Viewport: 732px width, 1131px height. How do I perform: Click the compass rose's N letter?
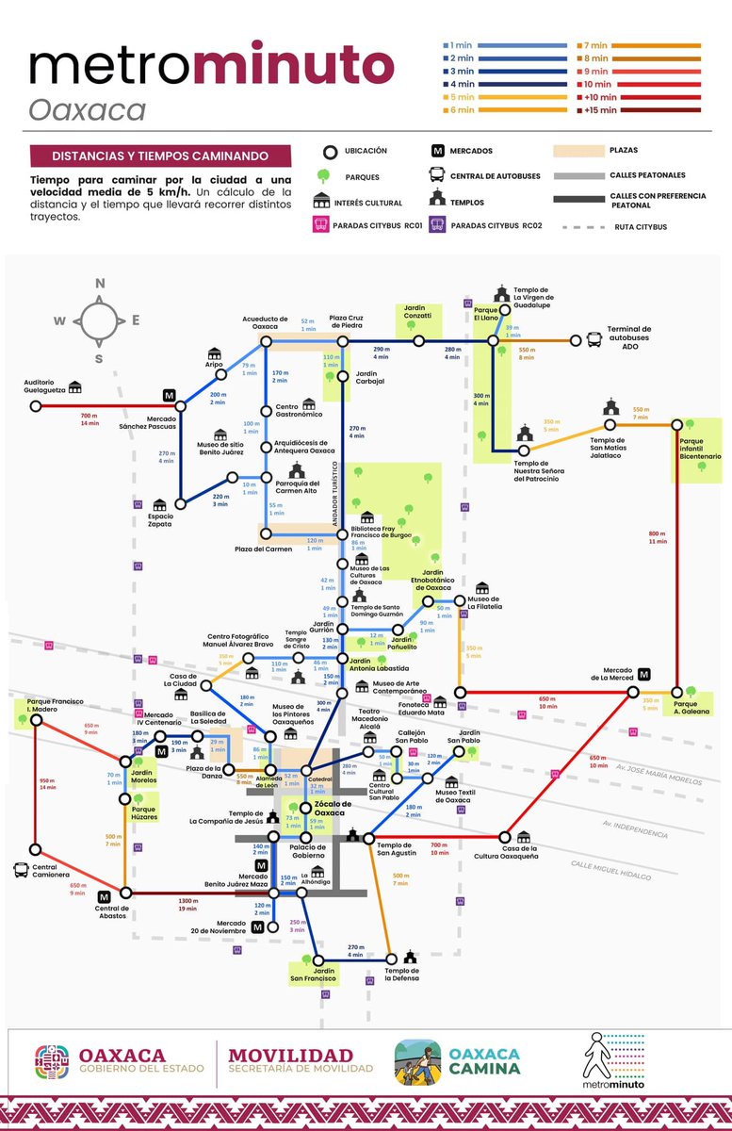pos(100,283)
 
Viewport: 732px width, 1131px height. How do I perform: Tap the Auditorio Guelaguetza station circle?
pos(36,406)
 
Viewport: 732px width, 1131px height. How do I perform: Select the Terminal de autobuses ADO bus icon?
pos(594,340)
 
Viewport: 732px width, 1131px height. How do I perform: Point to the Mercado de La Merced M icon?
pos(644,674)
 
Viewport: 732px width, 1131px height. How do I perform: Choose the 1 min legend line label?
pos(460,45)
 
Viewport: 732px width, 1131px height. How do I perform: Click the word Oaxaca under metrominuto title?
pos(87,109)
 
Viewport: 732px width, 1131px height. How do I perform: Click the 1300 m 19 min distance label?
pos(187,905)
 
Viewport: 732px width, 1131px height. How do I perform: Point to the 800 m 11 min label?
pos(657,537)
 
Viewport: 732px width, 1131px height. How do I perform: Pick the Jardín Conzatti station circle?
pos(418,341)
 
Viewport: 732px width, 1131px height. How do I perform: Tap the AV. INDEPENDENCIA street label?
pos(635,830)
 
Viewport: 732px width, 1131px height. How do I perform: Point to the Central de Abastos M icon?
pos(104,895)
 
